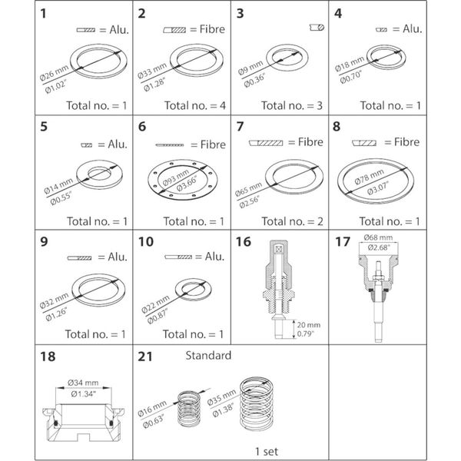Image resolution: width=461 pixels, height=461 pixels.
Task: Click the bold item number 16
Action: (x=244, y=242)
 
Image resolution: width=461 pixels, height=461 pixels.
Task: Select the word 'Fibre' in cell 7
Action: (x=307, y=143)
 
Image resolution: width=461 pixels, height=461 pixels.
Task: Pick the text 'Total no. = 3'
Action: (x=284, y=105)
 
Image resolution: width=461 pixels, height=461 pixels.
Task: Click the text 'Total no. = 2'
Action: (x=284, y=221)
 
